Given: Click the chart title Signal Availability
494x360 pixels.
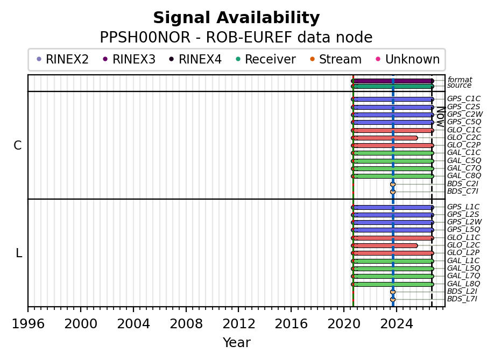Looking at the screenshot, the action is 236,18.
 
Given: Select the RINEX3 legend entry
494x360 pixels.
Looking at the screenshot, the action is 129,59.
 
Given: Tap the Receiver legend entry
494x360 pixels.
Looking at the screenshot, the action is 266,59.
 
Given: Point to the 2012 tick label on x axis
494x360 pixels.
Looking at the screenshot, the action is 239,323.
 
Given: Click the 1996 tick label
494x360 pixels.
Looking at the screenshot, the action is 28,323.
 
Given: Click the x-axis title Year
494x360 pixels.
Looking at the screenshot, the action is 237,342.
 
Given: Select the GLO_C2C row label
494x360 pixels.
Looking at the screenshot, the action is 464,137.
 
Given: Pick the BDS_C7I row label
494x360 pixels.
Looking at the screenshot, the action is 462,191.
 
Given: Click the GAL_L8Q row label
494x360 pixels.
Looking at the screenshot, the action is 463,284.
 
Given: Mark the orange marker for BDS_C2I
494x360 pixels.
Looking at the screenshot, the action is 392,184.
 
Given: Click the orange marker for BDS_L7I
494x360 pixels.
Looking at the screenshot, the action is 392,300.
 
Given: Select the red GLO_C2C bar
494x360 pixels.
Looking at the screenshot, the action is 384,138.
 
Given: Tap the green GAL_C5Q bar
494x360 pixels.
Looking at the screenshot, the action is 392,161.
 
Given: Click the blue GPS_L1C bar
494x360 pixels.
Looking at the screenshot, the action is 392,207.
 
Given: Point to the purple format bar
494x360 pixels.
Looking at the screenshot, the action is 392,81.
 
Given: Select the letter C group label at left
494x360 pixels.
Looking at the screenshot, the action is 18,145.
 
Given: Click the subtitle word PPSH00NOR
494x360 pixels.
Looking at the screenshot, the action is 145,38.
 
